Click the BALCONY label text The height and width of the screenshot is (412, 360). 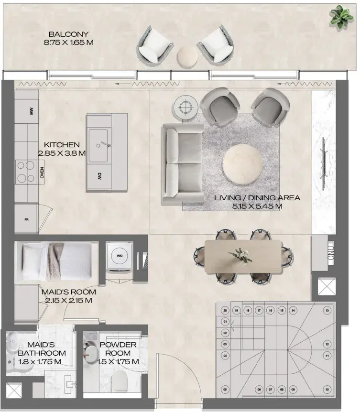coord(68,34)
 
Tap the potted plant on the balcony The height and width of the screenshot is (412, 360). coord(342,17)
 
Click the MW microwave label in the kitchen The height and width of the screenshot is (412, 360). coord(32,111)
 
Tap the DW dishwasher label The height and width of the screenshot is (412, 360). coord(99,176)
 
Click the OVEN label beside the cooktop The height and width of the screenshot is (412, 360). coord(42,173)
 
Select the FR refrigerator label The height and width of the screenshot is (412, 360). coord(27,219)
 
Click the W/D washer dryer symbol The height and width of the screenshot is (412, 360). coord(120,256)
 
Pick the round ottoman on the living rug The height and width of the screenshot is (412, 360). coord(242,163)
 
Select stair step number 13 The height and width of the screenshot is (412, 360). coord(327,310)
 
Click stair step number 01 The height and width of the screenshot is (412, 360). coord(225,322)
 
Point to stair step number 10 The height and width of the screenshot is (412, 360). coord(327,390)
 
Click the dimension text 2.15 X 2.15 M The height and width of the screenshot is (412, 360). coord(68,300)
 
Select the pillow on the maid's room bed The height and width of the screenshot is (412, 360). coord(32,261)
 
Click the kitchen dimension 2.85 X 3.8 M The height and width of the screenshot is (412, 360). coord(62,153)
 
